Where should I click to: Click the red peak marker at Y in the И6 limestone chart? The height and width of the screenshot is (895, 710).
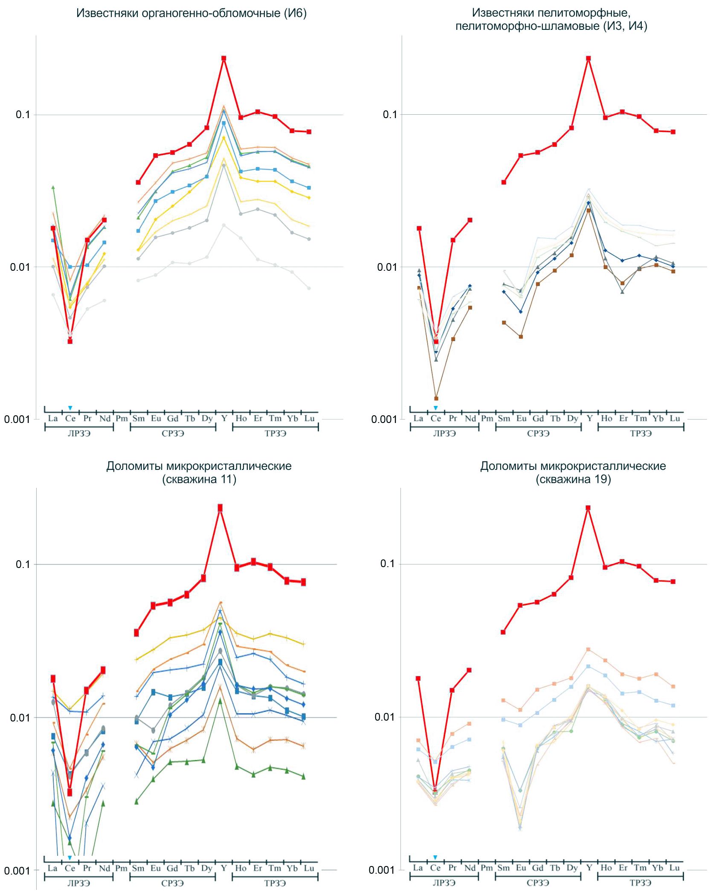click(223, 58)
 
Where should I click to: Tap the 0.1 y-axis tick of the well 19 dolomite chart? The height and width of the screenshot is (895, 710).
click(388, 564)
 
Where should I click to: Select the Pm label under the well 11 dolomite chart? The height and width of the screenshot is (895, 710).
click(122, 868)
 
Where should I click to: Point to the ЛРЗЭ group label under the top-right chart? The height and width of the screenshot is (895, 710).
click(444, 433)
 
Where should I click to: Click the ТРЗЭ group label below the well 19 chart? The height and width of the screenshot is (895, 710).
click(640, 883)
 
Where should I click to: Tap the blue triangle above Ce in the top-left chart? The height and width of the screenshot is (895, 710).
click(70, 408)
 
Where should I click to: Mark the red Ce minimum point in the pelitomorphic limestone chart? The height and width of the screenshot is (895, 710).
click(436, 342)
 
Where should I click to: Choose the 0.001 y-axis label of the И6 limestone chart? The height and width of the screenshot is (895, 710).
click(17, 419)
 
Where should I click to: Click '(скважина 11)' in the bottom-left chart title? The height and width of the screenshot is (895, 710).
click(199, 479)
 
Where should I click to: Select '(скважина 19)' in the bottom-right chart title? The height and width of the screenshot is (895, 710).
click(573, 479)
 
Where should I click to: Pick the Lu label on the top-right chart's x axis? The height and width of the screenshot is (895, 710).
click(675, 418)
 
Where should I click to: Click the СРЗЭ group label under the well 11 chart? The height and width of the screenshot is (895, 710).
click(172, 883)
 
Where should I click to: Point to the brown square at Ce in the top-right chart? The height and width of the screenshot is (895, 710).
click(436, 398)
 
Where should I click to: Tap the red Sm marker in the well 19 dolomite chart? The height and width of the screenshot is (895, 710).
click(503, 632)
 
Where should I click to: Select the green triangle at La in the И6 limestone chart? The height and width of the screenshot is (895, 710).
click(53, 187)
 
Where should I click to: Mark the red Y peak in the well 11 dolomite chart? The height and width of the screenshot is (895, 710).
click(220, 508)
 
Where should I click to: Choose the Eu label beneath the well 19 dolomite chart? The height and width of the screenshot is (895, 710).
click(521, 868)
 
